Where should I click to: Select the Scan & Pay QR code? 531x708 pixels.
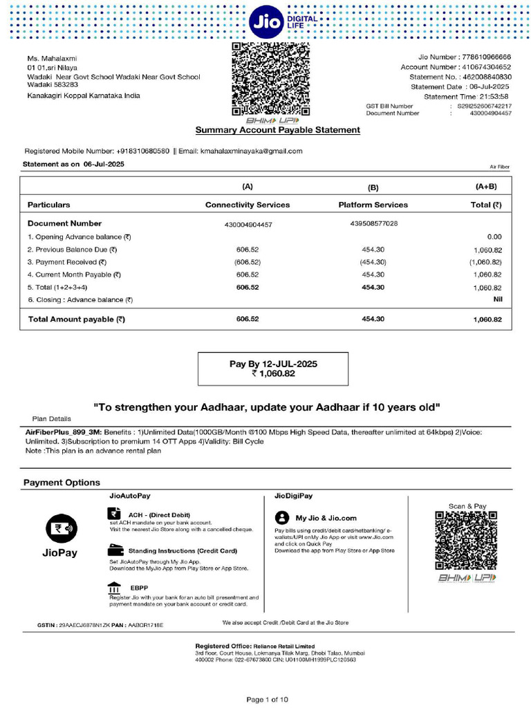[x=467, y=541]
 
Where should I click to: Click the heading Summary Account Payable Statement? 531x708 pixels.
[x=277, y=130]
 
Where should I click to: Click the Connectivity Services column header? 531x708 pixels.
[x=248, y=205]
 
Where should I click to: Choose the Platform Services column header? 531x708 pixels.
[x=373, y=205]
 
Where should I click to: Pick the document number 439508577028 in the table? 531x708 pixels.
[x=373, y=223]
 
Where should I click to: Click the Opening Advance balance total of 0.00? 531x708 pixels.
[x=494, y=236]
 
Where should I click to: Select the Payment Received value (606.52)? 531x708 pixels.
[x=247, y=262]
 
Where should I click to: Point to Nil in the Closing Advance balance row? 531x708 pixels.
[x=496, y=299]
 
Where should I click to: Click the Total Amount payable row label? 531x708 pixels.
[x=76, y=319]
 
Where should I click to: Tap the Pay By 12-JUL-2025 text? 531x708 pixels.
[x=273, y=364]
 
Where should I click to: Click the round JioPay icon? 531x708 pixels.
[x=59, y=529]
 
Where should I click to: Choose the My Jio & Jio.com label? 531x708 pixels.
[x=326, y=518]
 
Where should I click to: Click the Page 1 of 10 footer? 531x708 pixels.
[x=267, y=700]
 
